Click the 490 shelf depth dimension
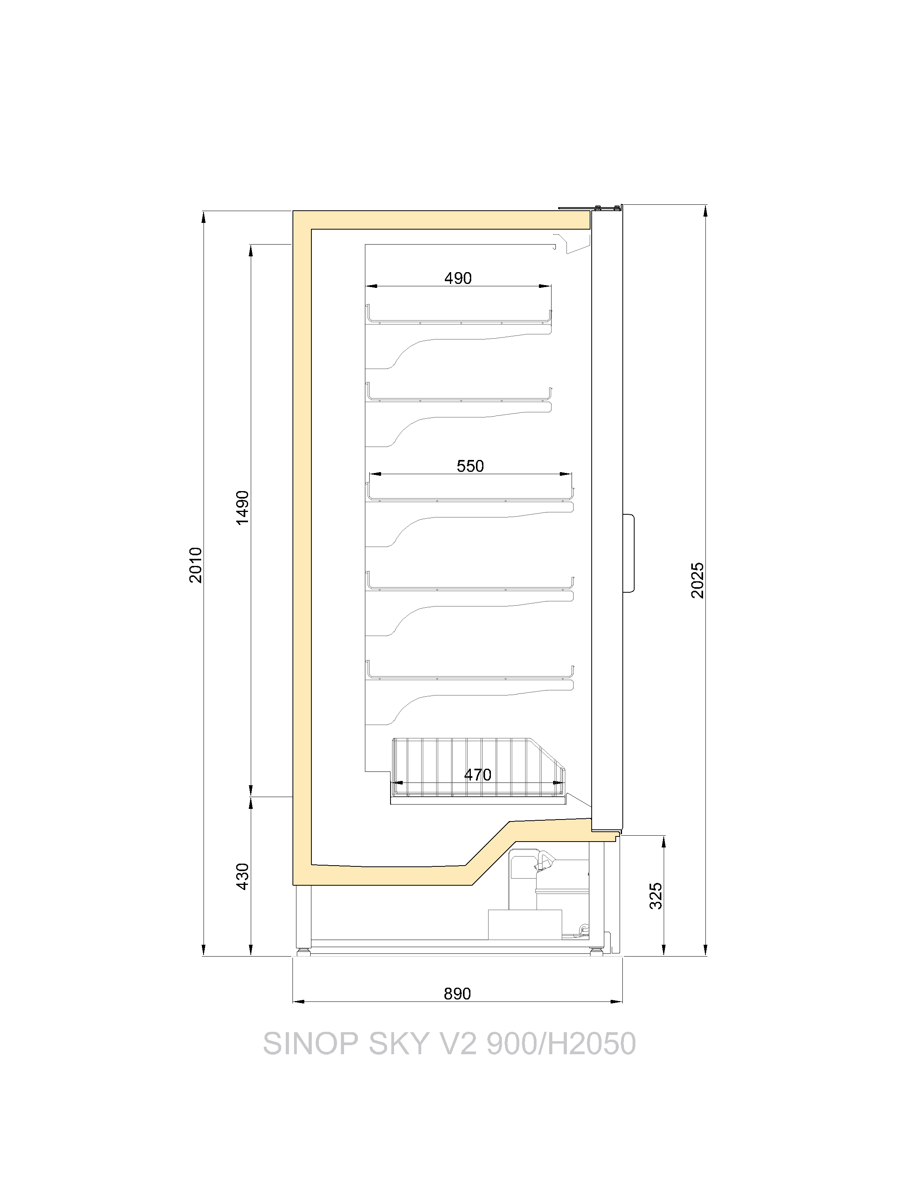pyautogui.click(x=458, y=278)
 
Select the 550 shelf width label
pyautogui.click(x=470, y=465)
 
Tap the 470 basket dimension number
pyautogui.click(x=478, y=775)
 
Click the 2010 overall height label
pyautogui.click(x=196, y=565)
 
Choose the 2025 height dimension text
pyautogui.click(x=698, y=580)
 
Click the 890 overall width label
pyautogui.click(x=457, y=994)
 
